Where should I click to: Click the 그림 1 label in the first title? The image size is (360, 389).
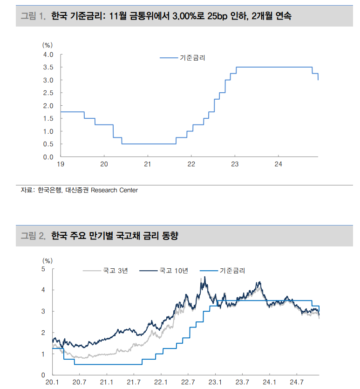33,17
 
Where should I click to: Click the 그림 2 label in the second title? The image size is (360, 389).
33,236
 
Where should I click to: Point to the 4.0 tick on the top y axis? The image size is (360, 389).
48,55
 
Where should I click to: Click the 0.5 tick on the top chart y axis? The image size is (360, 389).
48,144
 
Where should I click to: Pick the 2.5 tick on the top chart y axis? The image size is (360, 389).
48,93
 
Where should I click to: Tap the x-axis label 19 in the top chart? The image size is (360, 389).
61,164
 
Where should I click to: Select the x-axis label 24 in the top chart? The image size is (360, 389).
278,164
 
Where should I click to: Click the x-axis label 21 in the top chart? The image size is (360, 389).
148,164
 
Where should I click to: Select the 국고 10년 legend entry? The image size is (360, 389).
174,270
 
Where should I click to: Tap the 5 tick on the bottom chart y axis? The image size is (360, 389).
43,269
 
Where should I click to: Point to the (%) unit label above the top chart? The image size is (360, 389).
48,45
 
